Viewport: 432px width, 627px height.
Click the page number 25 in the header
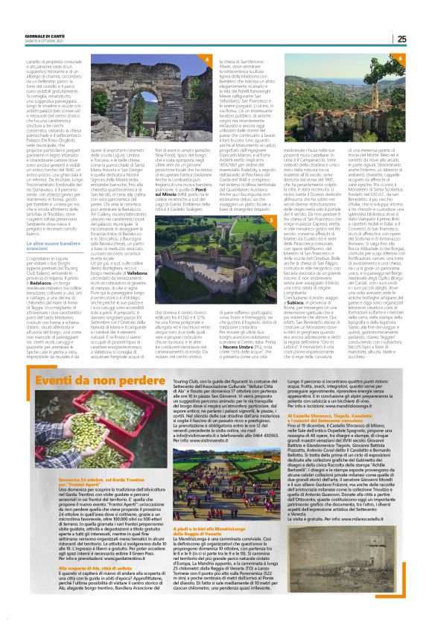421,39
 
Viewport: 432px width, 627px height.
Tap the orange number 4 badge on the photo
207,57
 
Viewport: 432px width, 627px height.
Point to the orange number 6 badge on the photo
400,57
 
